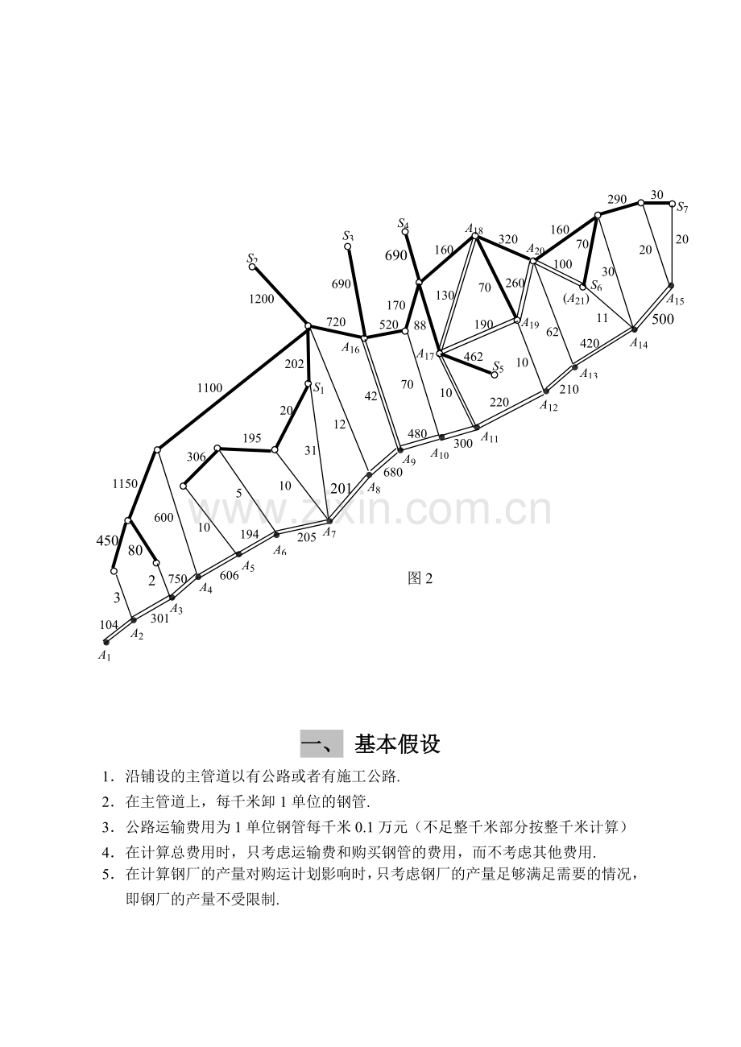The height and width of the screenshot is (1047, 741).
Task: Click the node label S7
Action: (x=682, y=207)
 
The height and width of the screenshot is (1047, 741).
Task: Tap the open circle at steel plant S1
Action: (x=308, y=383)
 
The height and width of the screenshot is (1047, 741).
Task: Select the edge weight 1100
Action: (x=210, y=387)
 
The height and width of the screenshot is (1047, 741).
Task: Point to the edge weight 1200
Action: (x=261, y=299)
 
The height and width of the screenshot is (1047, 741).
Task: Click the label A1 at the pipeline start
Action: (x=104, y=656)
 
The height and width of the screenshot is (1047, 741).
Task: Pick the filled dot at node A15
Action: (x=671, y=285)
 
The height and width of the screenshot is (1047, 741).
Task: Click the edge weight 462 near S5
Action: (x=473, y=357)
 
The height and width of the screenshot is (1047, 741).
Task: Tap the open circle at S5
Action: (x=495, y=375)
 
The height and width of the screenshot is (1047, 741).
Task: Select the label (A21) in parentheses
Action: (x=576, y=300)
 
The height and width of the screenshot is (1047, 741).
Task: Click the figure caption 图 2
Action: (x=420, y=578)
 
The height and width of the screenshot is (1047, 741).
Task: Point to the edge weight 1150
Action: (x=125, y=484)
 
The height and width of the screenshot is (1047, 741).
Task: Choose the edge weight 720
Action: (x=336, y=322)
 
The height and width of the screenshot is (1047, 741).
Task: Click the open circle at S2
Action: (x=252, y=267)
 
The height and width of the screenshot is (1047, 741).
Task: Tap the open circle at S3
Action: (x=348, y=246)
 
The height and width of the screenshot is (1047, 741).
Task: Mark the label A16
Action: (x=350, y=348)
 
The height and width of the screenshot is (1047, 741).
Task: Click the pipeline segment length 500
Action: (x=663, y=319)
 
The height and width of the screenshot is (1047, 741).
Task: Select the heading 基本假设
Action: (x=397, y=743)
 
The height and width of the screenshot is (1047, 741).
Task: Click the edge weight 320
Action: (x=508, y=239)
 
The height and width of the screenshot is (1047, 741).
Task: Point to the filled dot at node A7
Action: (x=329, y=521)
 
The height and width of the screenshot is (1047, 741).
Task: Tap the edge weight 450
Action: (x=107, y=540)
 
